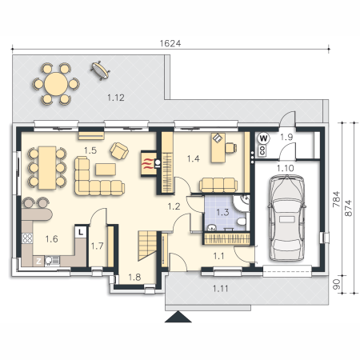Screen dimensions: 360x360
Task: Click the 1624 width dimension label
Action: coord(170,43)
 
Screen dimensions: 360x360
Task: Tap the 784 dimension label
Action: coord(337,199)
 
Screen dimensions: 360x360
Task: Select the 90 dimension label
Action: coord(337,284)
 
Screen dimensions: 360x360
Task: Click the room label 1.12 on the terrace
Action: coord(116,98)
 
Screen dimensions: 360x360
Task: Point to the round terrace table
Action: coord(56,84)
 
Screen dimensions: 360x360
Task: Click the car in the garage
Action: coord(287,218)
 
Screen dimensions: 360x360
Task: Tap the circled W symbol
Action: coord(263,138)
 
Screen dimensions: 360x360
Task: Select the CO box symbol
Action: coord(262,150)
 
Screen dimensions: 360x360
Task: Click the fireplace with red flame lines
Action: coord(149,164)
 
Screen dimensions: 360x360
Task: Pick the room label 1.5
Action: coord(90,150)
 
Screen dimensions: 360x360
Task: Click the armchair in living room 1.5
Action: coord(119,150)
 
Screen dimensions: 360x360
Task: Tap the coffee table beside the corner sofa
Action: coord(106,170)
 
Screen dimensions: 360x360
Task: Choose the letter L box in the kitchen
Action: coord(81,231)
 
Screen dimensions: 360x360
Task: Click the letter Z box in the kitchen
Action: coord(38,261)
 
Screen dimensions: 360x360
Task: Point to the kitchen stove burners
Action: coord(27,238)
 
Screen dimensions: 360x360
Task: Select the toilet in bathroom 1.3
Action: coord(242,222)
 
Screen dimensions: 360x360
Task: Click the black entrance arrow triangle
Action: coord(178,317)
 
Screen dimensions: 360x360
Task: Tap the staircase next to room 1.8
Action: coord(147,245)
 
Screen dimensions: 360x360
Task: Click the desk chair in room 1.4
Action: coord(231,147)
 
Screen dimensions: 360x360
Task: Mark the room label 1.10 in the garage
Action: coord(286,168)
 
